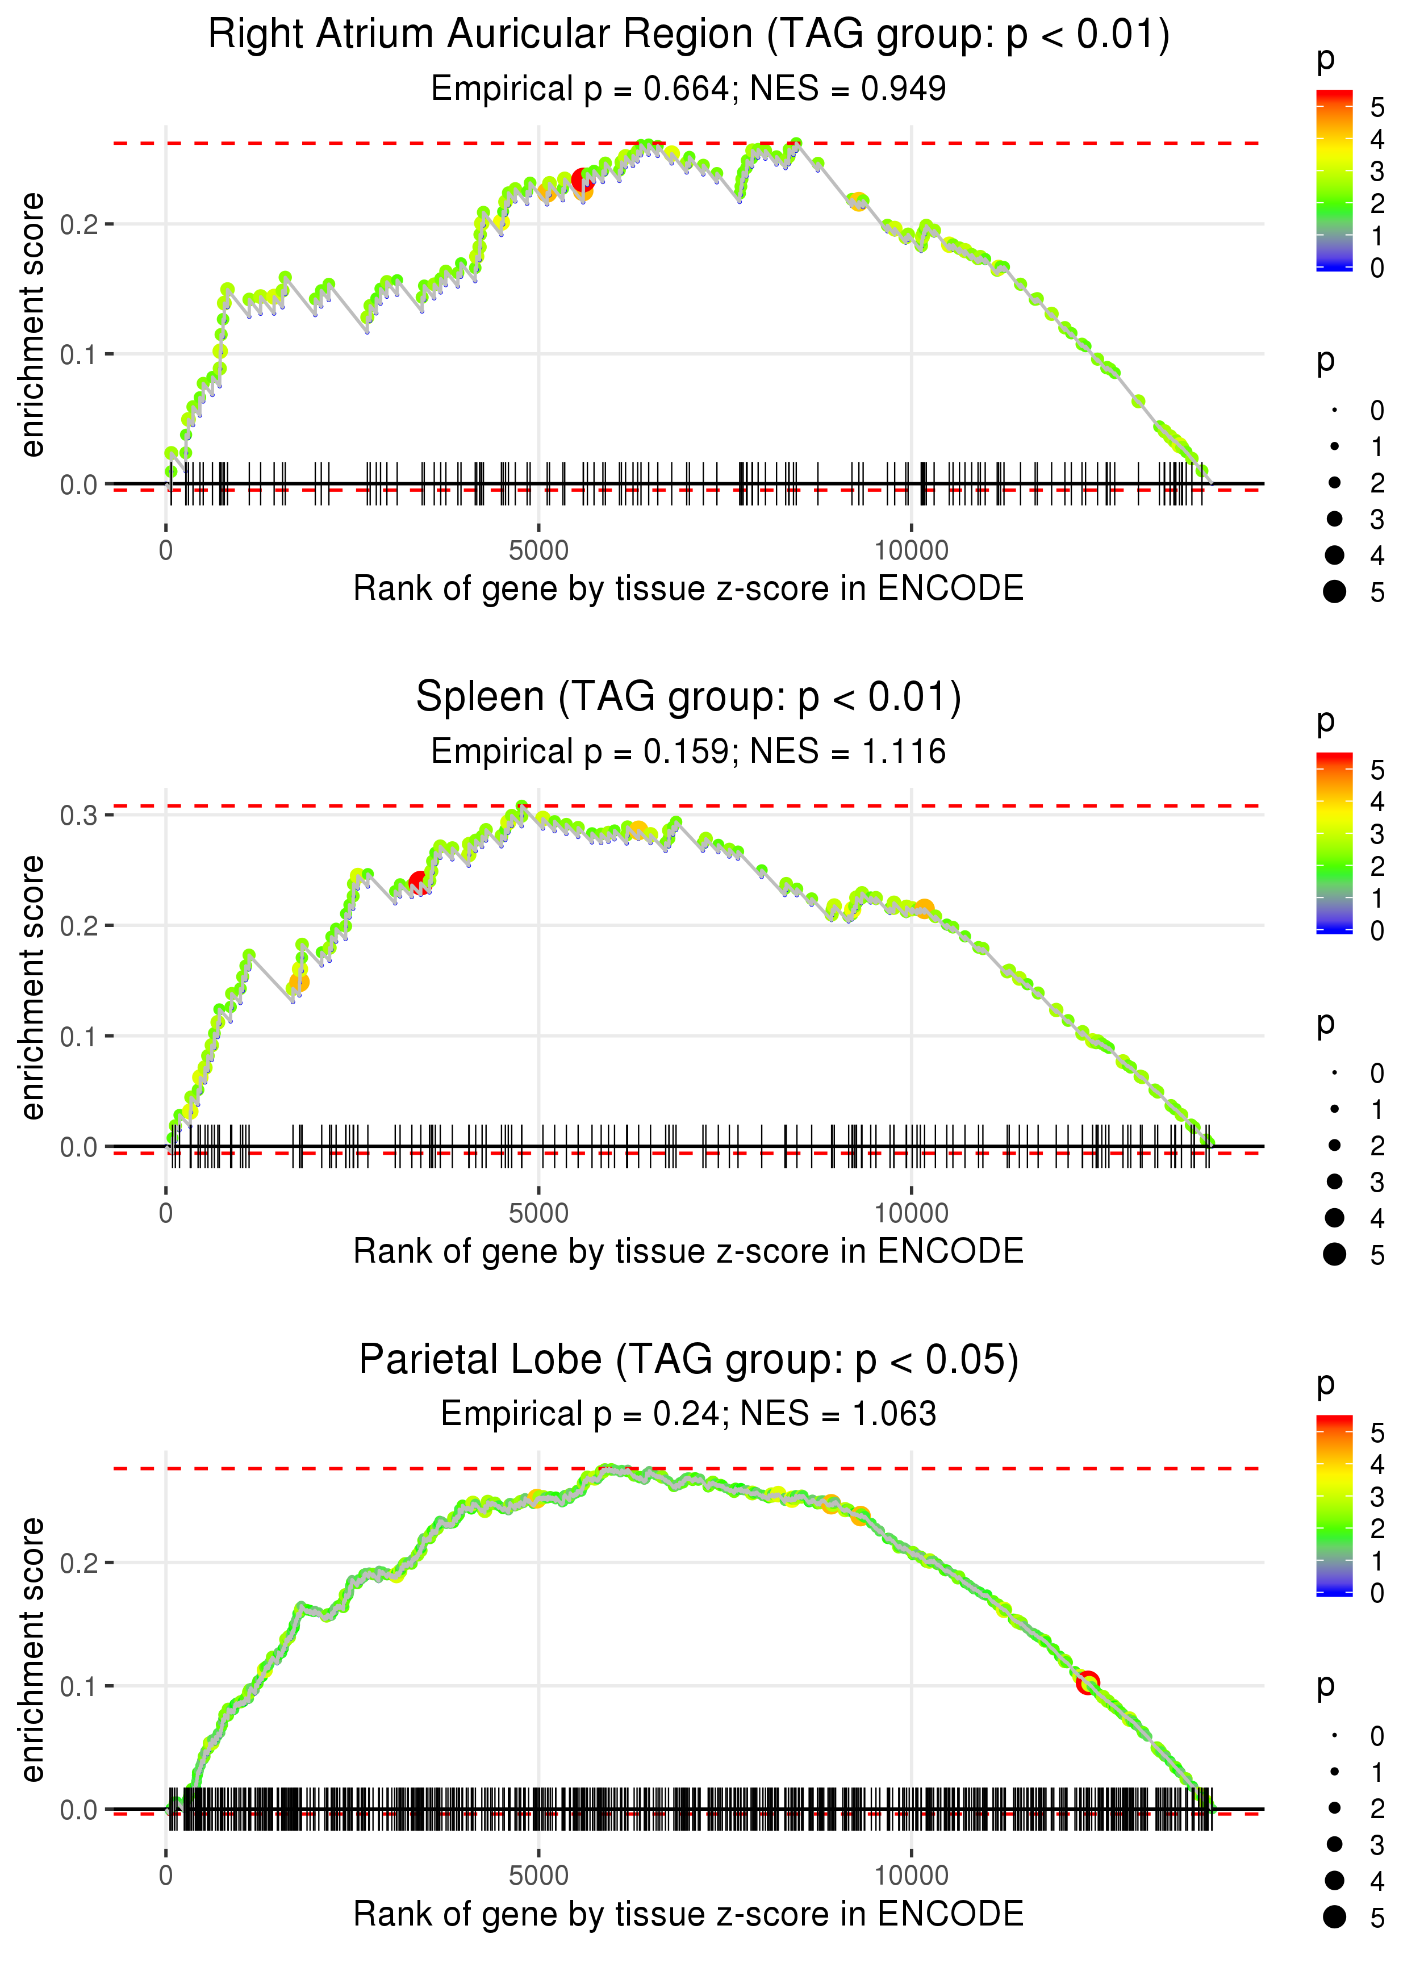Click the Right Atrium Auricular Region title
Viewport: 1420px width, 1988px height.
688,35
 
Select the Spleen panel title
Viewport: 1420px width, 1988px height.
688,698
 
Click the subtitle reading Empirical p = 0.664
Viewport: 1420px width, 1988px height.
688,89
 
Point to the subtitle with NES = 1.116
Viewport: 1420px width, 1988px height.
688,752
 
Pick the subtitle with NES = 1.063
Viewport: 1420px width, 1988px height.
688,1414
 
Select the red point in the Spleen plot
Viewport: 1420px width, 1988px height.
419,881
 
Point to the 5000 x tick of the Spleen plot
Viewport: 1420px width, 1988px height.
538,1213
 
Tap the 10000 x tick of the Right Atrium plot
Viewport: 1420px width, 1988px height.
911,551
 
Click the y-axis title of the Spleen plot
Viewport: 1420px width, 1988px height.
32,987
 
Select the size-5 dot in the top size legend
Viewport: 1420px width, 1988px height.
1334,592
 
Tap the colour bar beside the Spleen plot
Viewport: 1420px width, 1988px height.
1334,843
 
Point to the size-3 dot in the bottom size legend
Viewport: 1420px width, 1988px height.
1334,1844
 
